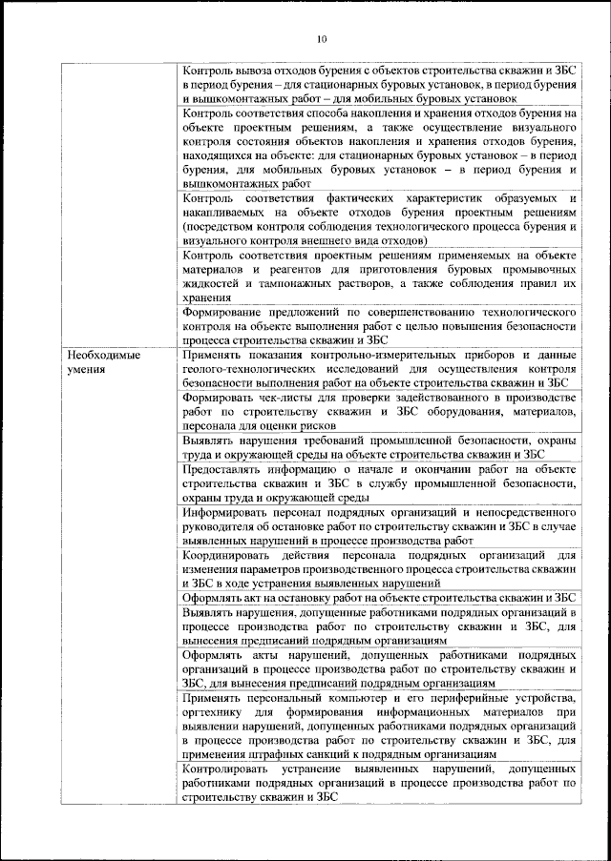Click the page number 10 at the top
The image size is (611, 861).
point(321,39)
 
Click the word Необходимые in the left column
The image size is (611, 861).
point(104,355)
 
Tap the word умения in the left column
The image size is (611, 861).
point(86,368)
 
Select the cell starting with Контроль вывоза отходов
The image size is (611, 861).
point(379,84)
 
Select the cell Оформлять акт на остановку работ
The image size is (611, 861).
point(379,597)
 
